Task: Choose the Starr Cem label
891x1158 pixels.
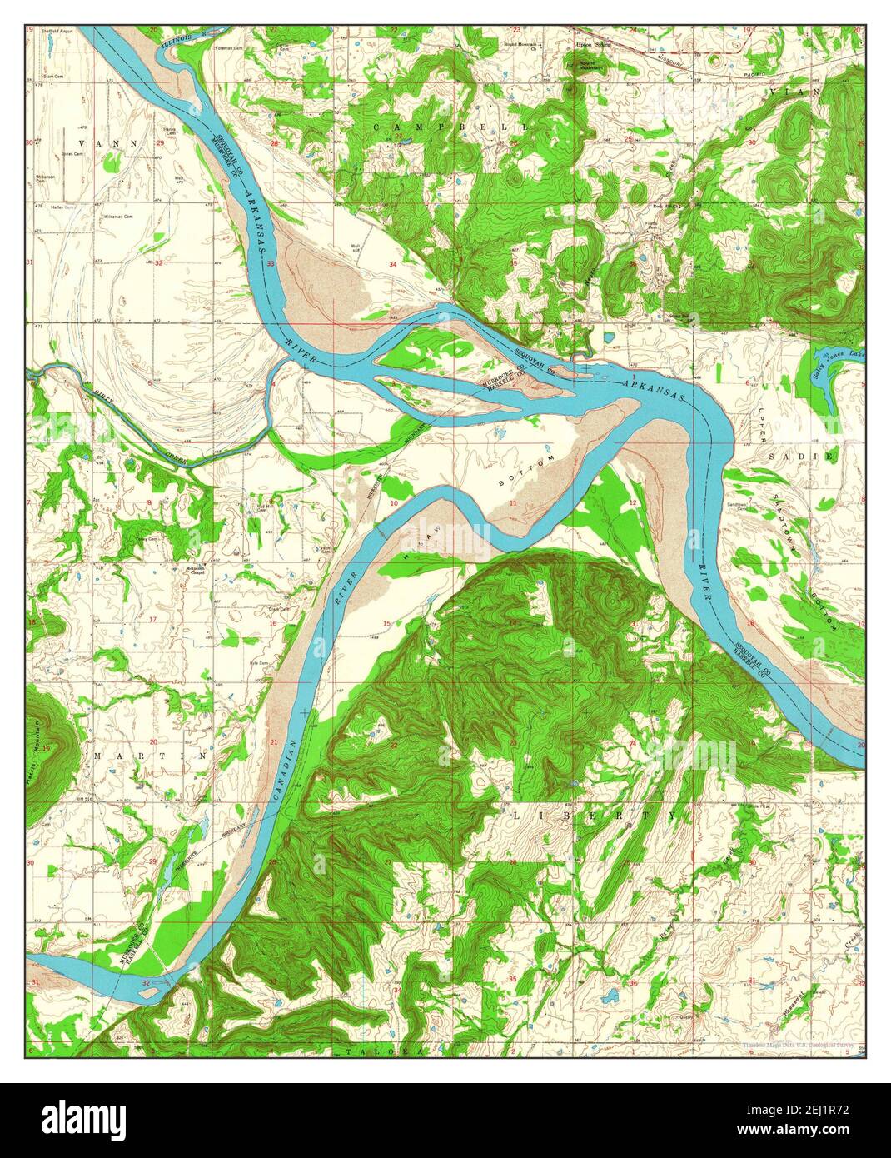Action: coord(54,75)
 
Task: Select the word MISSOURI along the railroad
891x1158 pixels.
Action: coord(669,59)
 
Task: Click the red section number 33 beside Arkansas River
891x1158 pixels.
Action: coord(271,264)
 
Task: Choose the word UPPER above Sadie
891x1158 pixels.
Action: coord(759,424)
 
